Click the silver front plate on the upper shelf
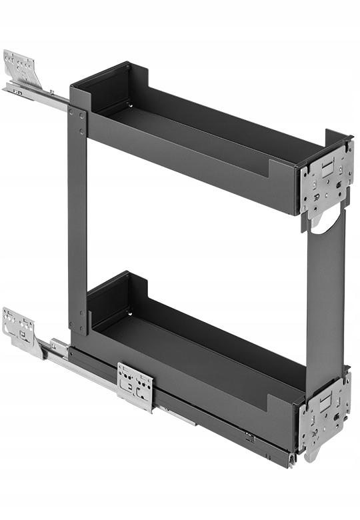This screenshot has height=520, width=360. point(325,178)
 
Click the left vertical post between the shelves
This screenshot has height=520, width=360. point(77,220)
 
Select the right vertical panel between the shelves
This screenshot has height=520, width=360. point(325,293)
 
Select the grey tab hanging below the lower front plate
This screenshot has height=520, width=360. point(310,456)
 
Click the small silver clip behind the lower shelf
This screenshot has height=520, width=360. point(59,346)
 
